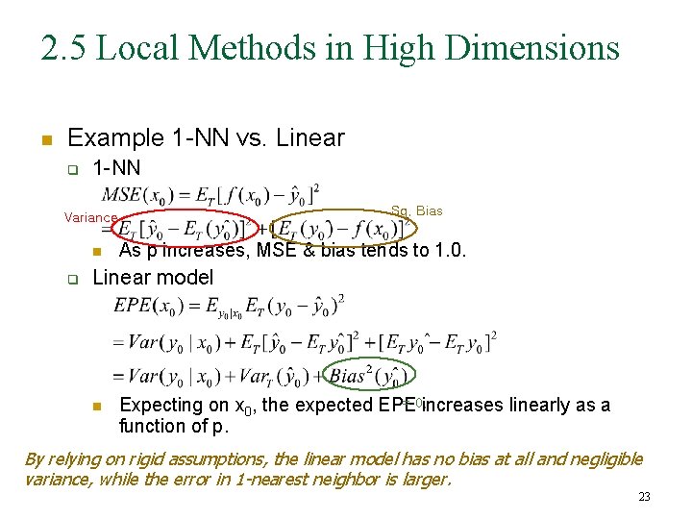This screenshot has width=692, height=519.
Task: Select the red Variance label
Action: click(x=90, y=218)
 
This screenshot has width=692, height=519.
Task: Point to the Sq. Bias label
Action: click(x=416, y=210)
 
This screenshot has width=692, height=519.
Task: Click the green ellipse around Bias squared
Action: click(x=371, y=374)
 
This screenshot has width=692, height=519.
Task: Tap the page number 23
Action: click(x=644, y=497)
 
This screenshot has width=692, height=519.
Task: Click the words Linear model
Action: click(x=153, y=278)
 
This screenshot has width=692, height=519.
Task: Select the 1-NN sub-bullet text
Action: click(x=116, y=168)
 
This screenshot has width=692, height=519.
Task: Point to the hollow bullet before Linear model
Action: click(x=70, y=280)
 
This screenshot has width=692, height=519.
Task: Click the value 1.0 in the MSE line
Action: click(x=451, y=252)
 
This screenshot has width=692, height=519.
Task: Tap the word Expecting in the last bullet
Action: click(x=161, y=406)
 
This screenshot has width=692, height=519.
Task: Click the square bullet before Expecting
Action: click(x=96, y=407)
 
